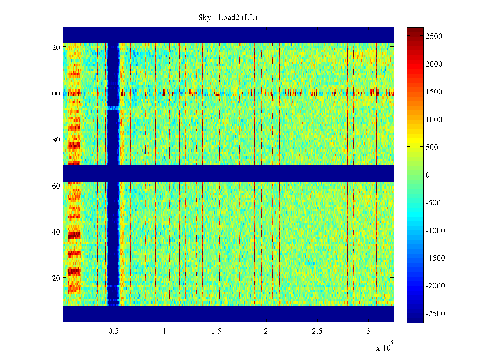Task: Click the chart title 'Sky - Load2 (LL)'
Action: [x=228, y=17]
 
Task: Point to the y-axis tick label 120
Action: [x=54, y=47]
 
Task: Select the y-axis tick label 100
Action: [x=54, y=94]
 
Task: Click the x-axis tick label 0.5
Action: [x=114, y=331]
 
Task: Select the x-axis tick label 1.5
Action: [x=216, y=331]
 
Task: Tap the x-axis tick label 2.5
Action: [x=317, y=331]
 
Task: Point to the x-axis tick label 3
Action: [x=368, y=331]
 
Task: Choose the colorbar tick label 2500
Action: [x=434, y=37]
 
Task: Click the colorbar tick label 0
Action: [x=427, y=175]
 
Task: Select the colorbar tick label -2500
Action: [x=435, y=314]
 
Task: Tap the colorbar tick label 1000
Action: [x=434, y=120]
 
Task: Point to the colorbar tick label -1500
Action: [x=435, y=258]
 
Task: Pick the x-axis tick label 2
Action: [x=266, y=331]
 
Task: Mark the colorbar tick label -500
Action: [x=433, y=203]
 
